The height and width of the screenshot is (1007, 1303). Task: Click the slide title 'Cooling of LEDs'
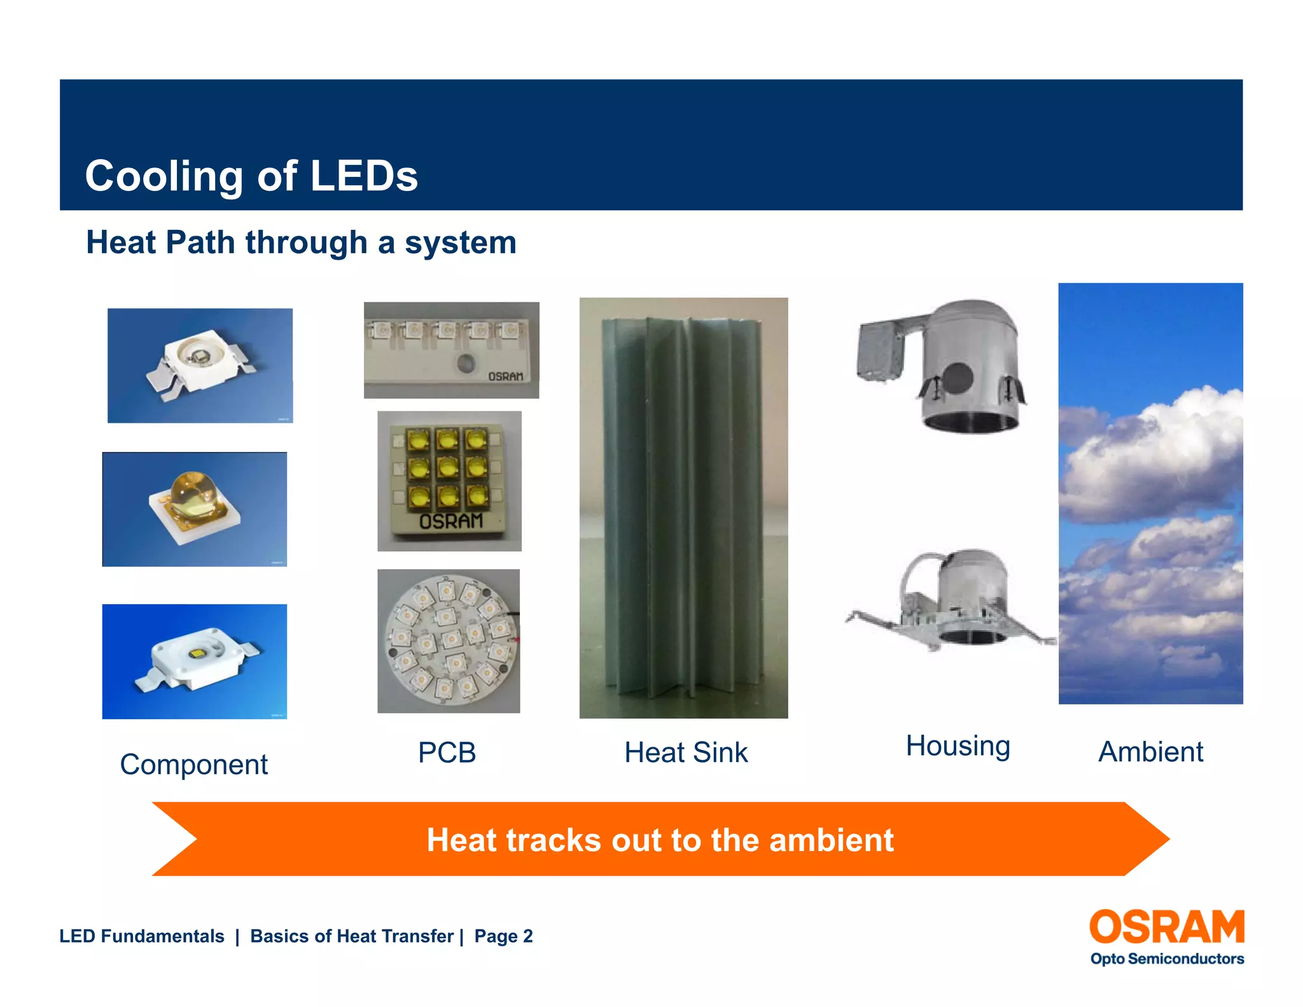tap(251, 176)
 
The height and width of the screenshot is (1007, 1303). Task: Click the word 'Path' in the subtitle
tap(200, 243)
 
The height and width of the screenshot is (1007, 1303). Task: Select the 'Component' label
tap(193, 764)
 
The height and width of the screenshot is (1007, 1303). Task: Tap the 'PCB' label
tap(447, 753)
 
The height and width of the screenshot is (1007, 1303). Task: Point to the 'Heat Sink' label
tap(686, 753)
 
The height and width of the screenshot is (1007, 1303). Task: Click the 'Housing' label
tap(958, 746)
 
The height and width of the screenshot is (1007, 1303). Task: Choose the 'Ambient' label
tap(1150, 752)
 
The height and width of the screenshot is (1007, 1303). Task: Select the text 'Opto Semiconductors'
tap(1166, 959)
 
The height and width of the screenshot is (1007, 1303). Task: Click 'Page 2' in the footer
tap(503, 936)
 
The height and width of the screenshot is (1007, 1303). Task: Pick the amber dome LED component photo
tap(194, 509)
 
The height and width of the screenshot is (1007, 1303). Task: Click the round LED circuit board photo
tap(449, 641)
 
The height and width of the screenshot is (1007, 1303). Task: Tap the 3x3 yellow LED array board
tap(449, 481)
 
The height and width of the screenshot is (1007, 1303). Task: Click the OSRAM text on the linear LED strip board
tap(505, 377)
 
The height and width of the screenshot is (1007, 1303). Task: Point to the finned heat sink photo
tap(683, 507)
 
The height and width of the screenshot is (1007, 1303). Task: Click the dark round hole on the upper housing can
tap(956, 377)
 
